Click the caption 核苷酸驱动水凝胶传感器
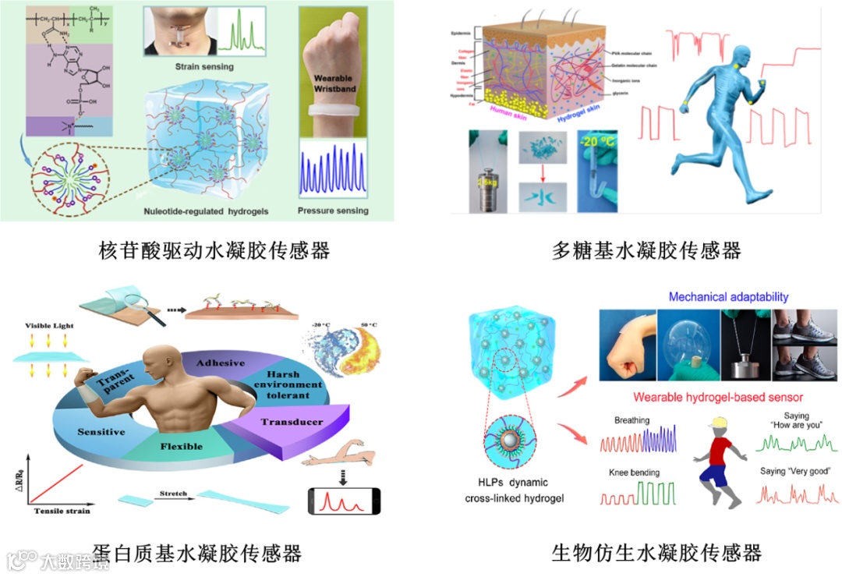tap(215, 250)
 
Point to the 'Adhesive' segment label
tap(220, 363)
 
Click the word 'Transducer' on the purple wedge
tap(292, 422)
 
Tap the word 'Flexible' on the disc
tap(181, 447)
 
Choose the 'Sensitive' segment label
tap(101, 431)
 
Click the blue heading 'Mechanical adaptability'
tap(728, 297)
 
